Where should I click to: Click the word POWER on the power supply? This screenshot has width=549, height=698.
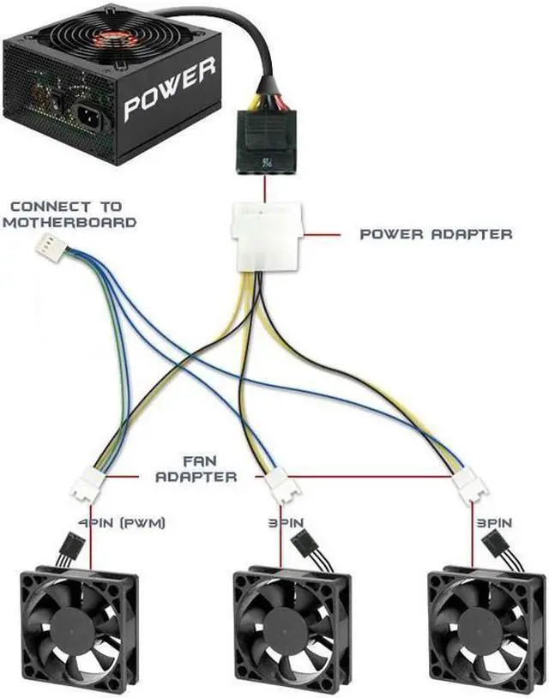tap(169, 91)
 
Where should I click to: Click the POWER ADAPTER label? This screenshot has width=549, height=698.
tap(436, 233)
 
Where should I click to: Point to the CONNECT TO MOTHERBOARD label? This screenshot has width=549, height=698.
tap(68, 214)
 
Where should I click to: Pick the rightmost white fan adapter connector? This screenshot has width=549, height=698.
tap(471, 486)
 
